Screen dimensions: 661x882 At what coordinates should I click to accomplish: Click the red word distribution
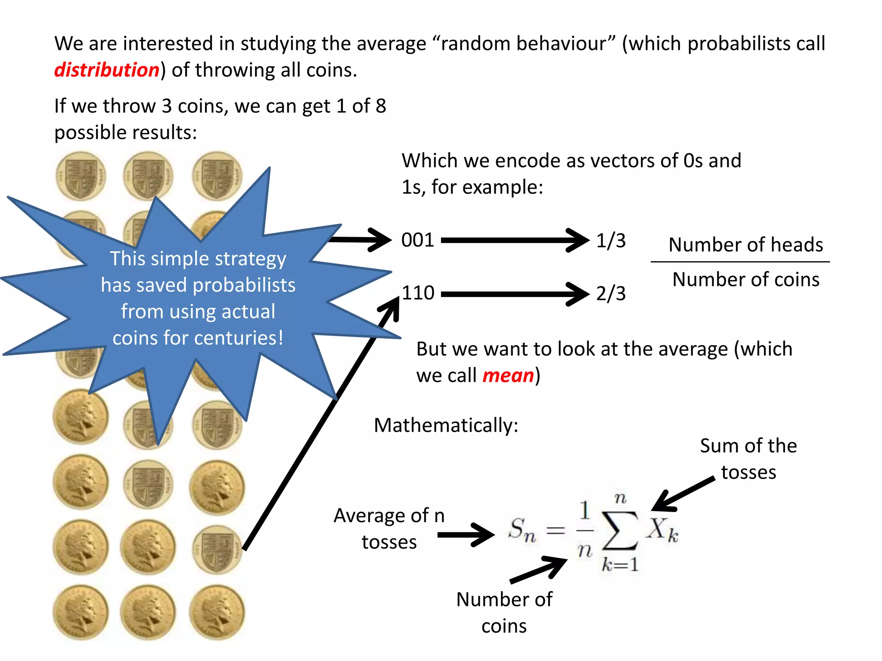(x=107, y=70)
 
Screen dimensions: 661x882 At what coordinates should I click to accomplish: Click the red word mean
(x=508, y=375)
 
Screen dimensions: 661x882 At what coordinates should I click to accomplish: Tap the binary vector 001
(x=417, y=240)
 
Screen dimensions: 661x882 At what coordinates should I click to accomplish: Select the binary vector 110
(x=418, y=293)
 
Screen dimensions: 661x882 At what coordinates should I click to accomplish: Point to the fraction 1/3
(x=611, y=240)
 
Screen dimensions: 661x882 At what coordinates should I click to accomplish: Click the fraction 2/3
(x=611, y=293)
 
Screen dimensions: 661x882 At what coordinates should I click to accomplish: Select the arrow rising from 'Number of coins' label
(x=538, y=569)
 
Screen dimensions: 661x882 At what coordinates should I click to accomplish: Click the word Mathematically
(x=446, y=425)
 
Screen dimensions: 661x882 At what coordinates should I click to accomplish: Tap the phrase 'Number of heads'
(x=745, y=244)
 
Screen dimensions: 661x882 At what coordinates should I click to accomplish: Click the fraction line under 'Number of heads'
(x=740, y=261)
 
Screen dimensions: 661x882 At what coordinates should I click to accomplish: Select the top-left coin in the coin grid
(x=81, y=176)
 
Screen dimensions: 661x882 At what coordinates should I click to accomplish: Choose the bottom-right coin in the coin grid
(x=217, y=612)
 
